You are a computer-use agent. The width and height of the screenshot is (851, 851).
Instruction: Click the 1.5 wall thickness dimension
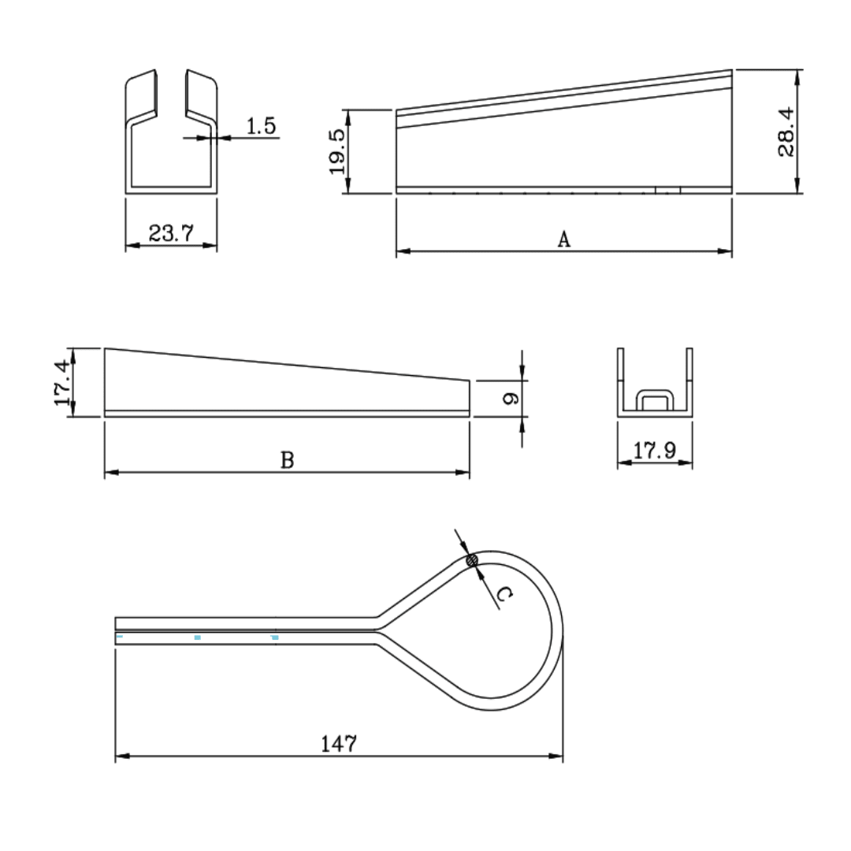262,126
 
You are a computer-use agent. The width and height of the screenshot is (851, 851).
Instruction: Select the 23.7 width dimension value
171,233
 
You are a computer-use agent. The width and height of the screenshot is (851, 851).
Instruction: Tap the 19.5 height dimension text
336,151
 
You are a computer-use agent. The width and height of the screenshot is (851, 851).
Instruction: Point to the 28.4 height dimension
786,132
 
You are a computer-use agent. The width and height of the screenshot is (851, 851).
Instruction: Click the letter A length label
563,240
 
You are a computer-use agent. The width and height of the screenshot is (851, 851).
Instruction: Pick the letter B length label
288,460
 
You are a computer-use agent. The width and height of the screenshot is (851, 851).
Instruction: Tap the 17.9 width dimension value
655,451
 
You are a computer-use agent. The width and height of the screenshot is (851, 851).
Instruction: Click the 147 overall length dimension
339,743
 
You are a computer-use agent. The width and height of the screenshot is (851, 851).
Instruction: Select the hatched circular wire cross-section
473,561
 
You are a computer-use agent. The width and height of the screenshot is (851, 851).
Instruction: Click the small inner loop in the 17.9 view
654,400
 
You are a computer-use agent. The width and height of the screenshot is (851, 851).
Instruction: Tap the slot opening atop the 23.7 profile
171,95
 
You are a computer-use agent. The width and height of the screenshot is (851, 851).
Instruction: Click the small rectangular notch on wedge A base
667,189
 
